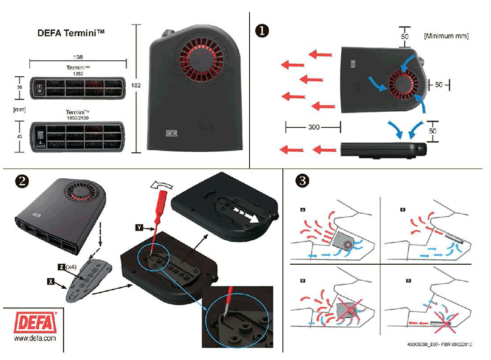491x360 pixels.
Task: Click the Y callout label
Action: [x=139, y=227]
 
